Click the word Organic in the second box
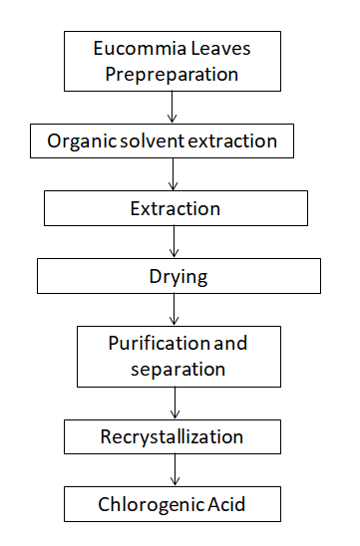coord(78,141)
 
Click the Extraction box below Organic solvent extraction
coord(175,208)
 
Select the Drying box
coord(180,276)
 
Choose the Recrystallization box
coord(172,436)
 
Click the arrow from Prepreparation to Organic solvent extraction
coord(175,107)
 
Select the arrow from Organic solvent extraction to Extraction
coord(175,173)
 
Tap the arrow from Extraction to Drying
coord(175,241)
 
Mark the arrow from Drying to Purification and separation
coord(175,309)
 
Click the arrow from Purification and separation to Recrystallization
coord(175,404)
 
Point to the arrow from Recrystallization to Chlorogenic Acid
coord(175,470)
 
